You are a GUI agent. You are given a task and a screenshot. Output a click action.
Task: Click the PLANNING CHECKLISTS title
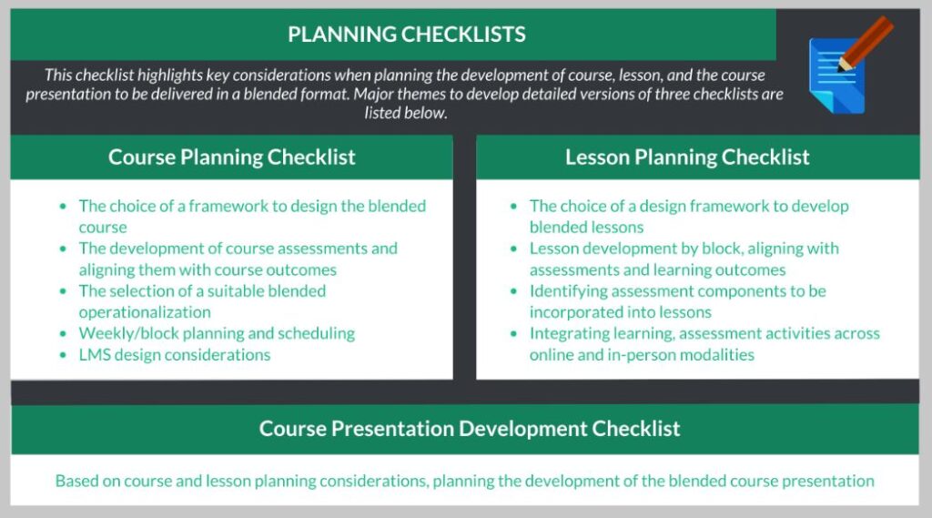pos(407,35)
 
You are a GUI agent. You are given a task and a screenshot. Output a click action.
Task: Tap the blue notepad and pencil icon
pos(850,65)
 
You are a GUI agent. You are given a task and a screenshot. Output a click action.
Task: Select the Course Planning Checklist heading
pos(232,157)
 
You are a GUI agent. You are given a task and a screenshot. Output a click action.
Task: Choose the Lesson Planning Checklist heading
pos(687,157)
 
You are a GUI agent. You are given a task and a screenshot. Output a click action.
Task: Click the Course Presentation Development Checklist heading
pos(470,428)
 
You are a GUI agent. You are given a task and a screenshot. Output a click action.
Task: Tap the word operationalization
pos(145,313)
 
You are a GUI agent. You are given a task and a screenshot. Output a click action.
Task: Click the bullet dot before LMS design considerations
pos(63,356)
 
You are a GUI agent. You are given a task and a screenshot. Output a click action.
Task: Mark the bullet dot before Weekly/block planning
pos(63,333)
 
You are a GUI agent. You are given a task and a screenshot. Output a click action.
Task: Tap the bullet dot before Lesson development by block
pos(514,249)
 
